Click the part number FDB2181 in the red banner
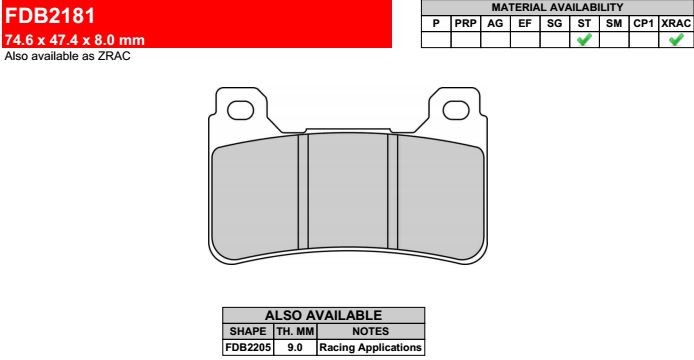50,16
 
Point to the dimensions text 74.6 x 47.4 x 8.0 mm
74,40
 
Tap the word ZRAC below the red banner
114,56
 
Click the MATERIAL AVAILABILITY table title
557,7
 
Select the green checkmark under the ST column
584,39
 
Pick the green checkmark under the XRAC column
676,39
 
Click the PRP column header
466,23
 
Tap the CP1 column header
644,23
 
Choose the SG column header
555,23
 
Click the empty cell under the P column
436,39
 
